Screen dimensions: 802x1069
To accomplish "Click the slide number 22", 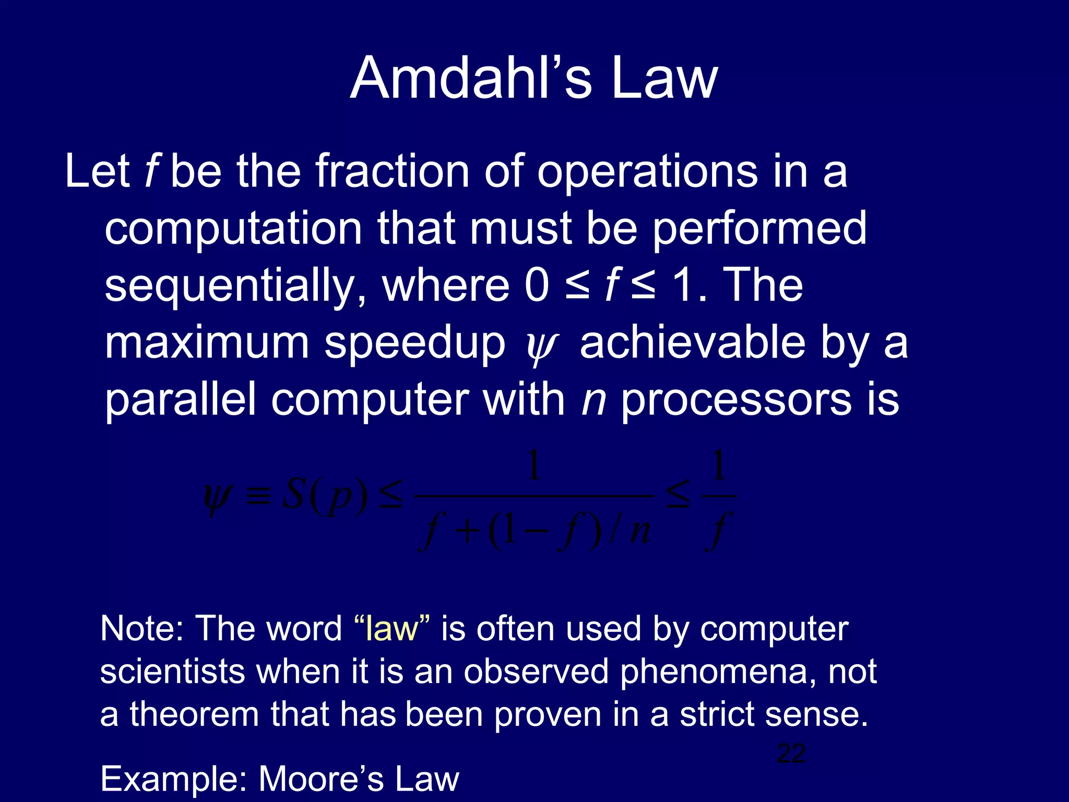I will tap(791, 753).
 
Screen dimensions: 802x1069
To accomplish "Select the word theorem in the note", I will tap(194, 714).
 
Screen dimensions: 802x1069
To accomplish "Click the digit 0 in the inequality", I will tap(537, 286).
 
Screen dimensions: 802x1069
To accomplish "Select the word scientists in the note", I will tap(172, 671).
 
